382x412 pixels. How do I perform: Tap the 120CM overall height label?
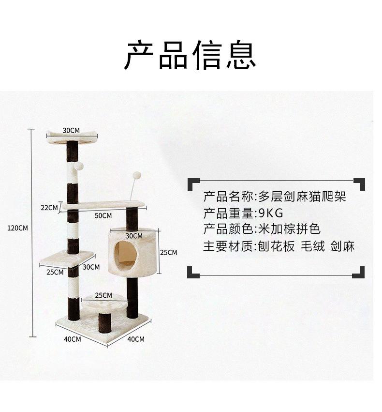click(x=17, y=228)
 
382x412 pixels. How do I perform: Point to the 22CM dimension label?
click(x=49, y=208)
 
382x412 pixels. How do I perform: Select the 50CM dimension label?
click(x=103, y=215)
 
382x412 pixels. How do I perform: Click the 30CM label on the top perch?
click(x=71, y=130)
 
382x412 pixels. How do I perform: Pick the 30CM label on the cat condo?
click(x=134, y=236)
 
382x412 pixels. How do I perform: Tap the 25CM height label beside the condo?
click(x=168, y=252)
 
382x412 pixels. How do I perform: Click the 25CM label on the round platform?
click(x=103, y=295)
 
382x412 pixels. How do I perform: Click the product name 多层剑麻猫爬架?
click(x=302, y=197)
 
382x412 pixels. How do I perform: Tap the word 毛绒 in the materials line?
click(x=312, y=246)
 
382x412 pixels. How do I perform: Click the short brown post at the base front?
click(x=104, y=323)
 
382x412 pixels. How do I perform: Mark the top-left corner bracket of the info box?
click(x=193, y=184)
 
